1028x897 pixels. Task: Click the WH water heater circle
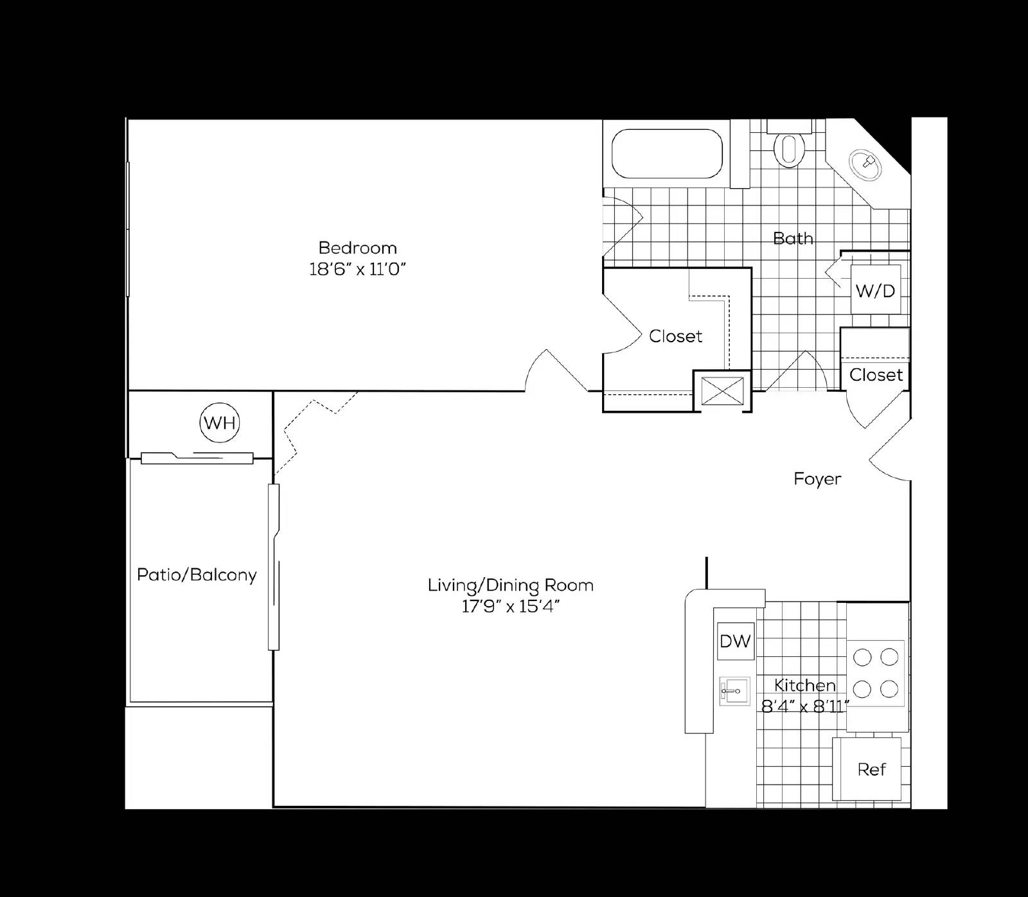[220, 422]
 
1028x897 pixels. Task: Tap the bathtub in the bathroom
[666, 153]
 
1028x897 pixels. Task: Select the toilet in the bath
[790, 148]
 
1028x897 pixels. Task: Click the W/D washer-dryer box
[875, 291]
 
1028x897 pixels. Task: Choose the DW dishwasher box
[736, 640]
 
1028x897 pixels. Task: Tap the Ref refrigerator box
[871, 769]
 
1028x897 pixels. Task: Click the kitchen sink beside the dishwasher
[734, 691]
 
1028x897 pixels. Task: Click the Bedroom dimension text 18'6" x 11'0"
[358, 269]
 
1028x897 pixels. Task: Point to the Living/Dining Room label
[511, 585]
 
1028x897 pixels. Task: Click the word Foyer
[817, 479]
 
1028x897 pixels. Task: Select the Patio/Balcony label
[197, 575]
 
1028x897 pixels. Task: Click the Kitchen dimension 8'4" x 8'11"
[805, 707]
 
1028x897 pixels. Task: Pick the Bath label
[793, 238]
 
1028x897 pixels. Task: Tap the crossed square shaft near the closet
[722, 390]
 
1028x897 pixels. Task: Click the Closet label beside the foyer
[876, 375]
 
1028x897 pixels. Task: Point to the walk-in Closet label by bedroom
[675, 336]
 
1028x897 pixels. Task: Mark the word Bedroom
[358, 247]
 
